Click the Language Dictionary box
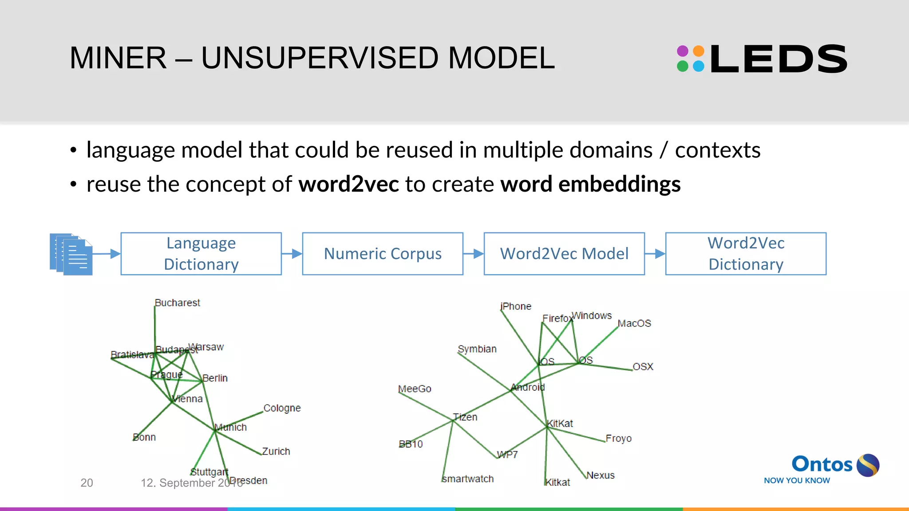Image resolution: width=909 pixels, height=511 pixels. coord(201,254)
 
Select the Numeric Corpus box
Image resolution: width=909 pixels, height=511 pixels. coord(383,254)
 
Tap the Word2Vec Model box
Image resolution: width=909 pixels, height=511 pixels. coord(564,254)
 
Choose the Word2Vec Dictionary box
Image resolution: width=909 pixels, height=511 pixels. coord(746,254)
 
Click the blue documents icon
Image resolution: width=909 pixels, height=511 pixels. coord(71,254)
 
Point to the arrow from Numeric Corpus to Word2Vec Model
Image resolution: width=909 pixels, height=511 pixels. coord(474,254)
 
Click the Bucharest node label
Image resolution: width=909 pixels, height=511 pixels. coord(177,303)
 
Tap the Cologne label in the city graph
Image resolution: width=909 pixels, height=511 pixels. coord(282,408)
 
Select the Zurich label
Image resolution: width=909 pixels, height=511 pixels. coord(276,451)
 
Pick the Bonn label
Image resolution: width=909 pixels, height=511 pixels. coord(144,437)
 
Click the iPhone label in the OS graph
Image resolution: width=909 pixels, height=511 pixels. coord(516,306)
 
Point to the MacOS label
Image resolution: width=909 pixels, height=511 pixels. coord(634,323)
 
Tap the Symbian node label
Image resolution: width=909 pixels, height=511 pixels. coord(477,349)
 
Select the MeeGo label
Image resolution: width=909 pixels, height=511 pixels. coord(415,389)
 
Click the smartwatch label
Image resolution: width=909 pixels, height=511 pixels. coord(468,479)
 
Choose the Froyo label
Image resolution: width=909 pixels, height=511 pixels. coord(618,438)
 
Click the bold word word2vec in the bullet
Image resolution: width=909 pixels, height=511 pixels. coord(348,184)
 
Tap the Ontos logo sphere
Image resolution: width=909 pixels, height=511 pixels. coord(868,465)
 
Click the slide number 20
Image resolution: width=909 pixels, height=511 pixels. coord(87,483)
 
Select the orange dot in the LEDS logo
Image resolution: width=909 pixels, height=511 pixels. coord(699,51)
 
